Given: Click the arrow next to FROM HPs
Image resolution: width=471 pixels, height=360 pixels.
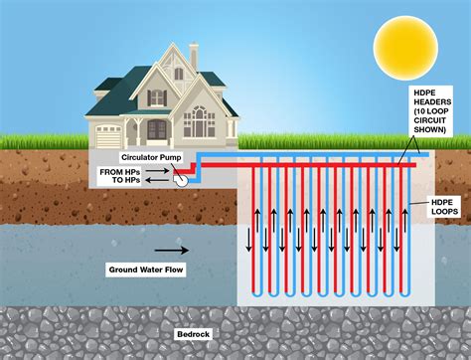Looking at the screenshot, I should pyautogui.click(x=158, y=171).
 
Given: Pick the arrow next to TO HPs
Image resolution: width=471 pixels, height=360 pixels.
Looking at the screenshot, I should pyautogui.click(x=158, y=181).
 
